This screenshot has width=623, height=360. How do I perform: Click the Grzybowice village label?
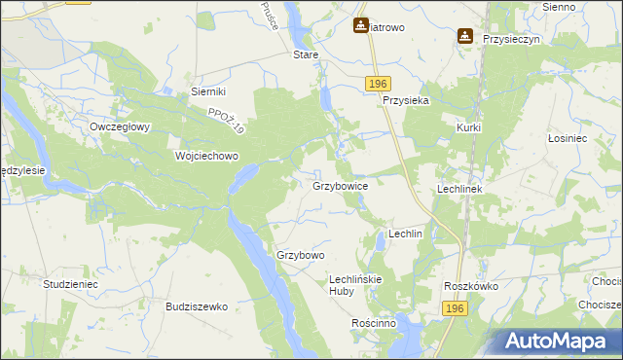(340, 185)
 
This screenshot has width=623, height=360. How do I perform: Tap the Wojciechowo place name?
(206, 156)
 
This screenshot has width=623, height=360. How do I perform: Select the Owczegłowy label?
(119, 126)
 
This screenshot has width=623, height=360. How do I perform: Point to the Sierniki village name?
(208, 91)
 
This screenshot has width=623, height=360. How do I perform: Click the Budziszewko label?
(197, 306)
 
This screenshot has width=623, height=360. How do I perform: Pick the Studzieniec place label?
(70, 283)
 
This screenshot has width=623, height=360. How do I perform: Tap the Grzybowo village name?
(300, 255)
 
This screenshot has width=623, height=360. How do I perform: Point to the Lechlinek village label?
(460, 189)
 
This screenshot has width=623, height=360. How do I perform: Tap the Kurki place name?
(469, 127)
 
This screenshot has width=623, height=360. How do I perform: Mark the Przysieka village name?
(407, 99)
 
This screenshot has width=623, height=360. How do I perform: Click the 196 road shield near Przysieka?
(380, 85)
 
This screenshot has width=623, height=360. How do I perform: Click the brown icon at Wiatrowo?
(361, 26)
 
